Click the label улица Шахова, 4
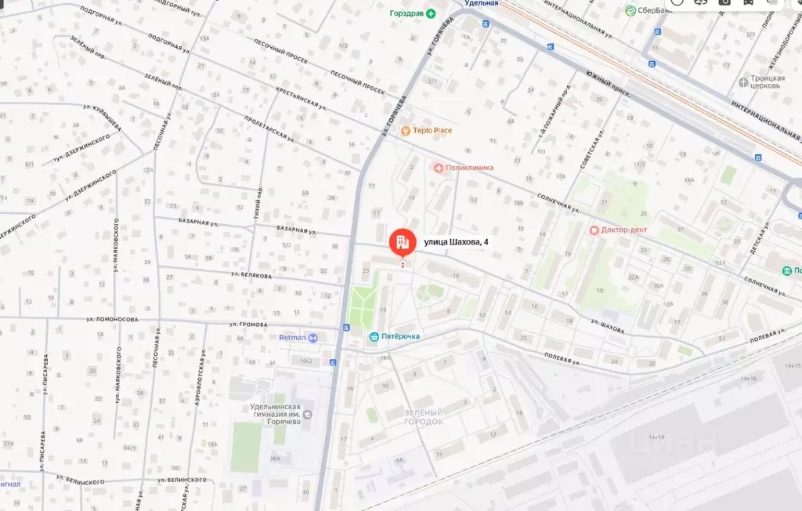456,242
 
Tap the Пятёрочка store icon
374,336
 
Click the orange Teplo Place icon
406,131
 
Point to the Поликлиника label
469,167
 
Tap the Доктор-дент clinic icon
594,230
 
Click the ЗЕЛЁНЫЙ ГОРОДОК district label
424,417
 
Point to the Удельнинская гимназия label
265,413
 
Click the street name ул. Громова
248,324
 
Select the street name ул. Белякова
251,276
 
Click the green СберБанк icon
630,10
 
